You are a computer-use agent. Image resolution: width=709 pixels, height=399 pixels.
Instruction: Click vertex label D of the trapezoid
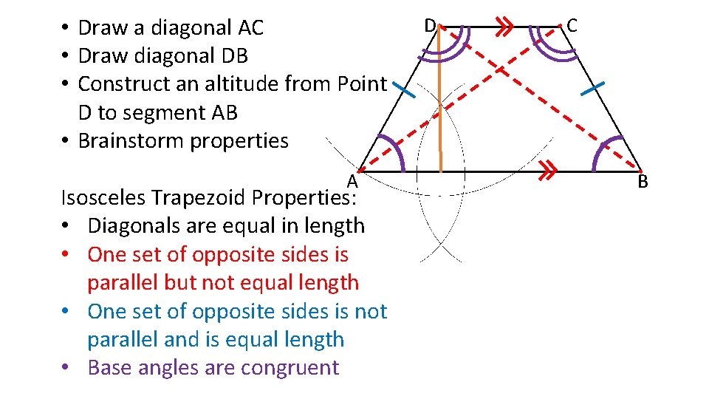[429, 25]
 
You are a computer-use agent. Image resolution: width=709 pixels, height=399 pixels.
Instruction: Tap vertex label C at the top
[572, 25]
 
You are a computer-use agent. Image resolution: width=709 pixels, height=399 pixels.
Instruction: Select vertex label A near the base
[352, 180]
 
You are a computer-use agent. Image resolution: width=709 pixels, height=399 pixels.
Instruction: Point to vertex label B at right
[643, 180]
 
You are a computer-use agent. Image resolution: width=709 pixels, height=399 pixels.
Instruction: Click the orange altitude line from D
[440, 103]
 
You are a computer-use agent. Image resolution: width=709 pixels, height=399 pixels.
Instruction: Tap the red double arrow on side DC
[504, 28]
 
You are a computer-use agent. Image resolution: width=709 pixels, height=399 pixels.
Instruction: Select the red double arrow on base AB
[547, 171]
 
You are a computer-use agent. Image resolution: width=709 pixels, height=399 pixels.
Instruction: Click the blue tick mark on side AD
[404, 90]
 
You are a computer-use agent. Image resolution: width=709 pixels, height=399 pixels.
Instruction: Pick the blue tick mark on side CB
[593, 89]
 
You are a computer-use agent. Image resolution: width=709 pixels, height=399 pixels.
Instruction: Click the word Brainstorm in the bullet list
[130, 140]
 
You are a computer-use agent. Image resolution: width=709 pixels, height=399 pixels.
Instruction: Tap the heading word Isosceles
[103, 197]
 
